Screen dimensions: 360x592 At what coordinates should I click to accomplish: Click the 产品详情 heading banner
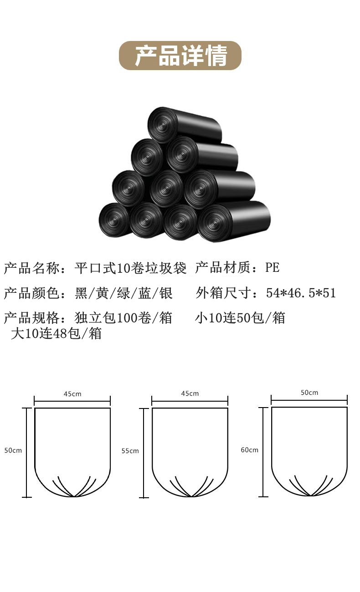click(180, 56)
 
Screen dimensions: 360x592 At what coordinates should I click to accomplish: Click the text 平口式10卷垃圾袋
click(130, 268)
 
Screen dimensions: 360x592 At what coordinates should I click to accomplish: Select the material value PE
click(273, 268)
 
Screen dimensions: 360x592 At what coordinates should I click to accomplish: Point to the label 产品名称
click(31, 268)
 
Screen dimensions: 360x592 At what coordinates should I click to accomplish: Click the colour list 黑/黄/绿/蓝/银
click(123, 293)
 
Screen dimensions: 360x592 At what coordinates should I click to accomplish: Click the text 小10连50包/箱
click(240, 317)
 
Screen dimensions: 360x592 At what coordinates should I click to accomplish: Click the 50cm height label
click(13, 450)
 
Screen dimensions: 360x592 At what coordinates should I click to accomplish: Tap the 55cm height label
click(130, 451)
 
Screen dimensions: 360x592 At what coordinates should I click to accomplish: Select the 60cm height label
click(249, 450)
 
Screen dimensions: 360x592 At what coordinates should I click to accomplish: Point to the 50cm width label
click(309, 393)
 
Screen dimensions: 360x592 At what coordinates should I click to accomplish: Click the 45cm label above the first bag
click(72, 393)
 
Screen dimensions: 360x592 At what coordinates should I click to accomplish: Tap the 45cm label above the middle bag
click(190, 393)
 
